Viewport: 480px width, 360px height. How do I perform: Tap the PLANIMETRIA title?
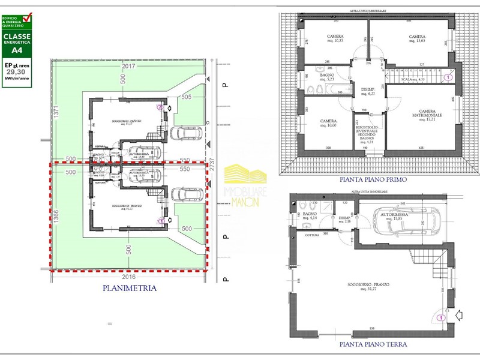point(129,288)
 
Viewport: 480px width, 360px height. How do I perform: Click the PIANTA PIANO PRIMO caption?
point(373,179)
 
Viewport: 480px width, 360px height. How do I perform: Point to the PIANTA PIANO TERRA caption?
point(373,344)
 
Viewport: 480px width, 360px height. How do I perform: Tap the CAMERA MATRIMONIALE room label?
point(418,115)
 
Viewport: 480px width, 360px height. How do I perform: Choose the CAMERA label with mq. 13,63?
point(417,38)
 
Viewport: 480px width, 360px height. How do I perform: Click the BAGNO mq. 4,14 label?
point(310,216)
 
